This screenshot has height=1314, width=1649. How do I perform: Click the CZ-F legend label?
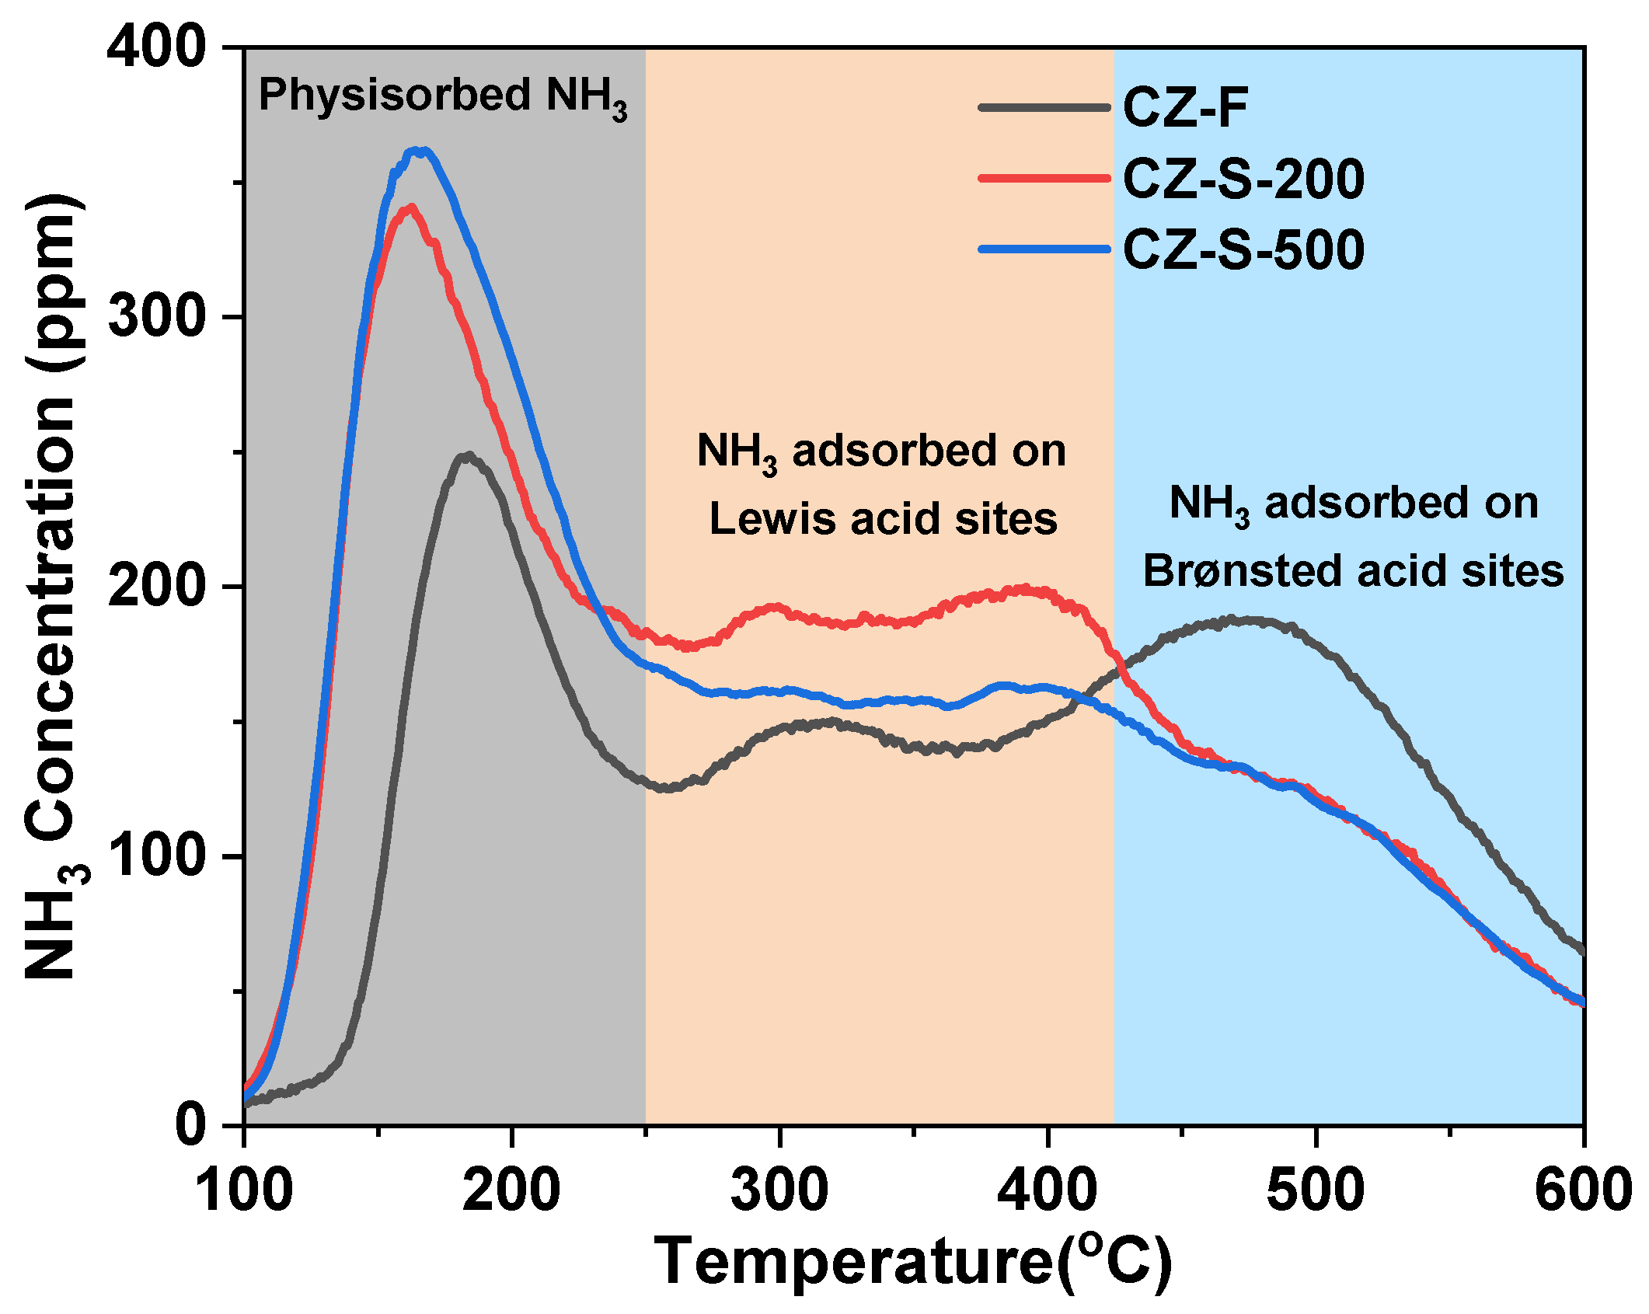click(1184, 108)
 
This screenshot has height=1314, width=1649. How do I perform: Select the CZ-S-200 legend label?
click(1243, 179)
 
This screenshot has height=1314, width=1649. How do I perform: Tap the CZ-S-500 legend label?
click(1243, 249)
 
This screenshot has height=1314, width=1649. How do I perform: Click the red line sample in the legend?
click(1044, 179)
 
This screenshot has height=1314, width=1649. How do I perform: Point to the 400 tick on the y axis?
click(155, 48)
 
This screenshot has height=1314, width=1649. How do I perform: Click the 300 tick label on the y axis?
click(155, 317)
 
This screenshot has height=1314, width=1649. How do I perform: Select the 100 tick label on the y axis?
click(155, 856)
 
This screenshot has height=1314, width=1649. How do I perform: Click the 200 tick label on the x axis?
click(511, 1190)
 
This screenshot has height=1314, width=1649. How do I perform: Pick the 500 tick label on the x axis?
click(1316, 1190)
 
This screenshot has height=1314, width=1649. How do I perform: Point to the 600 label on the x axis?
click(1582, 1190)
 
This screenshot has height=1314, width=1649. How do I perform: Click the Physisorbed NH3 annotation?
click(442, 97)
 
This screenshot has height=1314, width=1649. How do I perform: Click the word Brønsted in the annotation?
click(1243, 571)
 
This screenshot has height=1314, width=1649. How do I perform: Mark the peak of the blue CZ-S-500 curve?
click(420, 151)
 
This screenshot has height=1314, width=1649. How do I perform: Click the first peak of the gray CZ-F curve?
click(467, 456)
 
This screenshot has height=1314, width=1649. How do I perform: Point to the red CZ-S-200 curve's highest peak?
click(410, 207)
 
